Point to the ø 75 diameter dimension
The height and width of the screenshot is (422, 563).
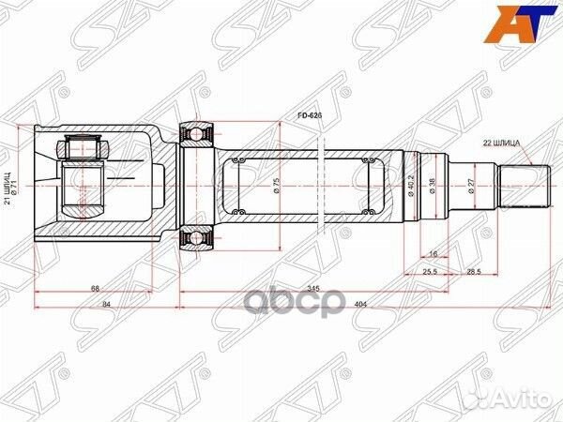tap(277, 185)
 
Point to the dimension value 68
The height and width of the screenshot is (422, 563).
tap(98, 288)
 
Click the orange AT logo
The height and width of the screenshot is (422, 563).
tap(523, 25)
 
